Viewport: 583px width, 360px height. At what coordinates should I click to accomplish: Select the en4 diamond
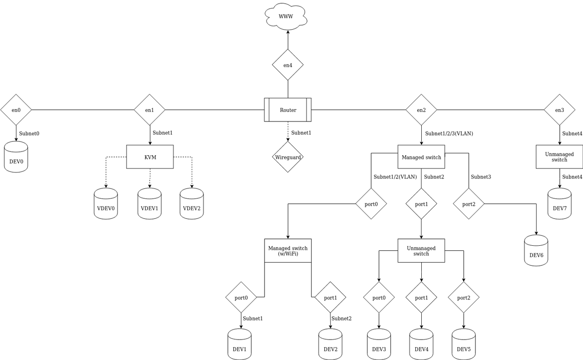(288, 65)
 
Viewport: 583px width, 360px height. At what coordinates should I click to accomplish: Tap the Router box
(288, 110)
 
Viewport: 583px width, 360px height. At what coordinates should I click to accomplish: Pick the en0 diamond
(16, 110)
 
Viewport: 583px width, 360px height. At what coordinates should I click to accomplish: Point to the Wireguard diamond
(288, 157)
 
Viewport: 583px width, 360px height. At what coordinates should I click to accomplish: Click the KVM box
(150, 157)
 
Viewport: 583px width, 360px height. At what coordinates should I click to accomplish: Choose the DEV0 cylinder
(16, 157)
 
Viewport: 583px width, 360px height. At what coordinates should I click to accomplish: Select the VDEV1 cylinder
(149, 204)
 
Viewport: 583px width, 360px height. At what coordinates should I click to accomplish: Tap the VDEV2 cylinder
(192, 204)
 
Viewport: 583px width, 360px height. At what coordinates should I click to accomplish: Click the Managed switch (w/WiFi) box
(288, 250)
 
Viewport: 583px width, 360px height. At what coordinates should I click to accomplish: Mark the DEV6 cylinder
(536, 250)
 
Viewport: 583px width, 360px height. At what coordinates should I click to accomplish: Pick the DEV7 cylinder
(560, 204)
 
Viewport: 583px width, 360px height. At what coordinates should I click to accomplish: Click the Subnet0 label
(29, 133)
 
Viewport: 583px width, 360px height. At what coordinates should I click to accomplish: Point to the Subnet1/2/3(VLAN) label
(449, 133)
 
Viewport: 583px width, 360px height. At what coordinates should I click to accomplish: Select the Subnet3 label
(481, 177)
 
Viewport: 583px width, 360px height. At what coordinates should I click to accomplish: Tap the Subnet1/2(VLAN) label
(395, 177)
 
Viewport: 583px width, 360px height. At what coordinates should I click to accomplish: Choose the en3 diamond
(560, 110)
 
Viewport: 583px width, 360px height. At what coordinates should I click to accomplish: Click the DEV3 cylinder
(379, 345)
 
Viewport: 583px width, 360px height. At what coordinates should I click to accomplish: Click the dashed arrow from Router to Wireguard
(288, 132)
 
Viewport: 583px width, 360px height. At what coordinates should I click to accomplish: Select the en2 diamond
(421, 110)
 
